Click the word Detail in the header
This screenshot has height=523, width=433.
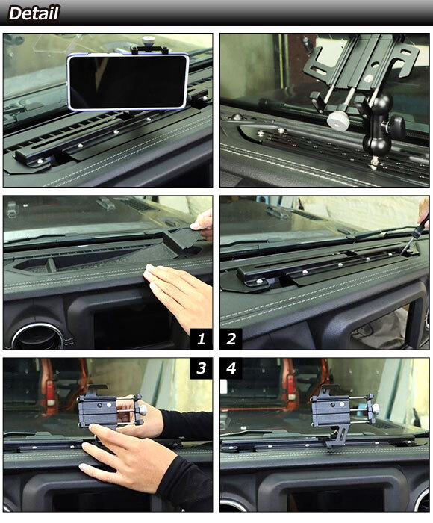34,13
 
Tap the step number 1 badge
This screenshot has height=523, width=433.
201,339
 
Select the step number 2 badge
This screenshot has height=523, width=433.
231,339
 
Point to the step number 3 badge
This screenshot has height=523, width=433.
201,368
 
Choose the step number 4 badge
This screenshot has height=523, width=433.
231,368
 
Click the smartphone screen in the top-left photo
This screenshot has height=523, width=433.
128,81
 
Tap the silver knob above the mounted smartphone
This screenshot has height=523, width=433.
148,40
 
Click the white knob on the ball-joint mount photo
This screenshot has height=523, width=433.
338,120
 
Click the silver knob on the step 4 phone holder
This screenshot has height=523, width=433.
376,408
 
